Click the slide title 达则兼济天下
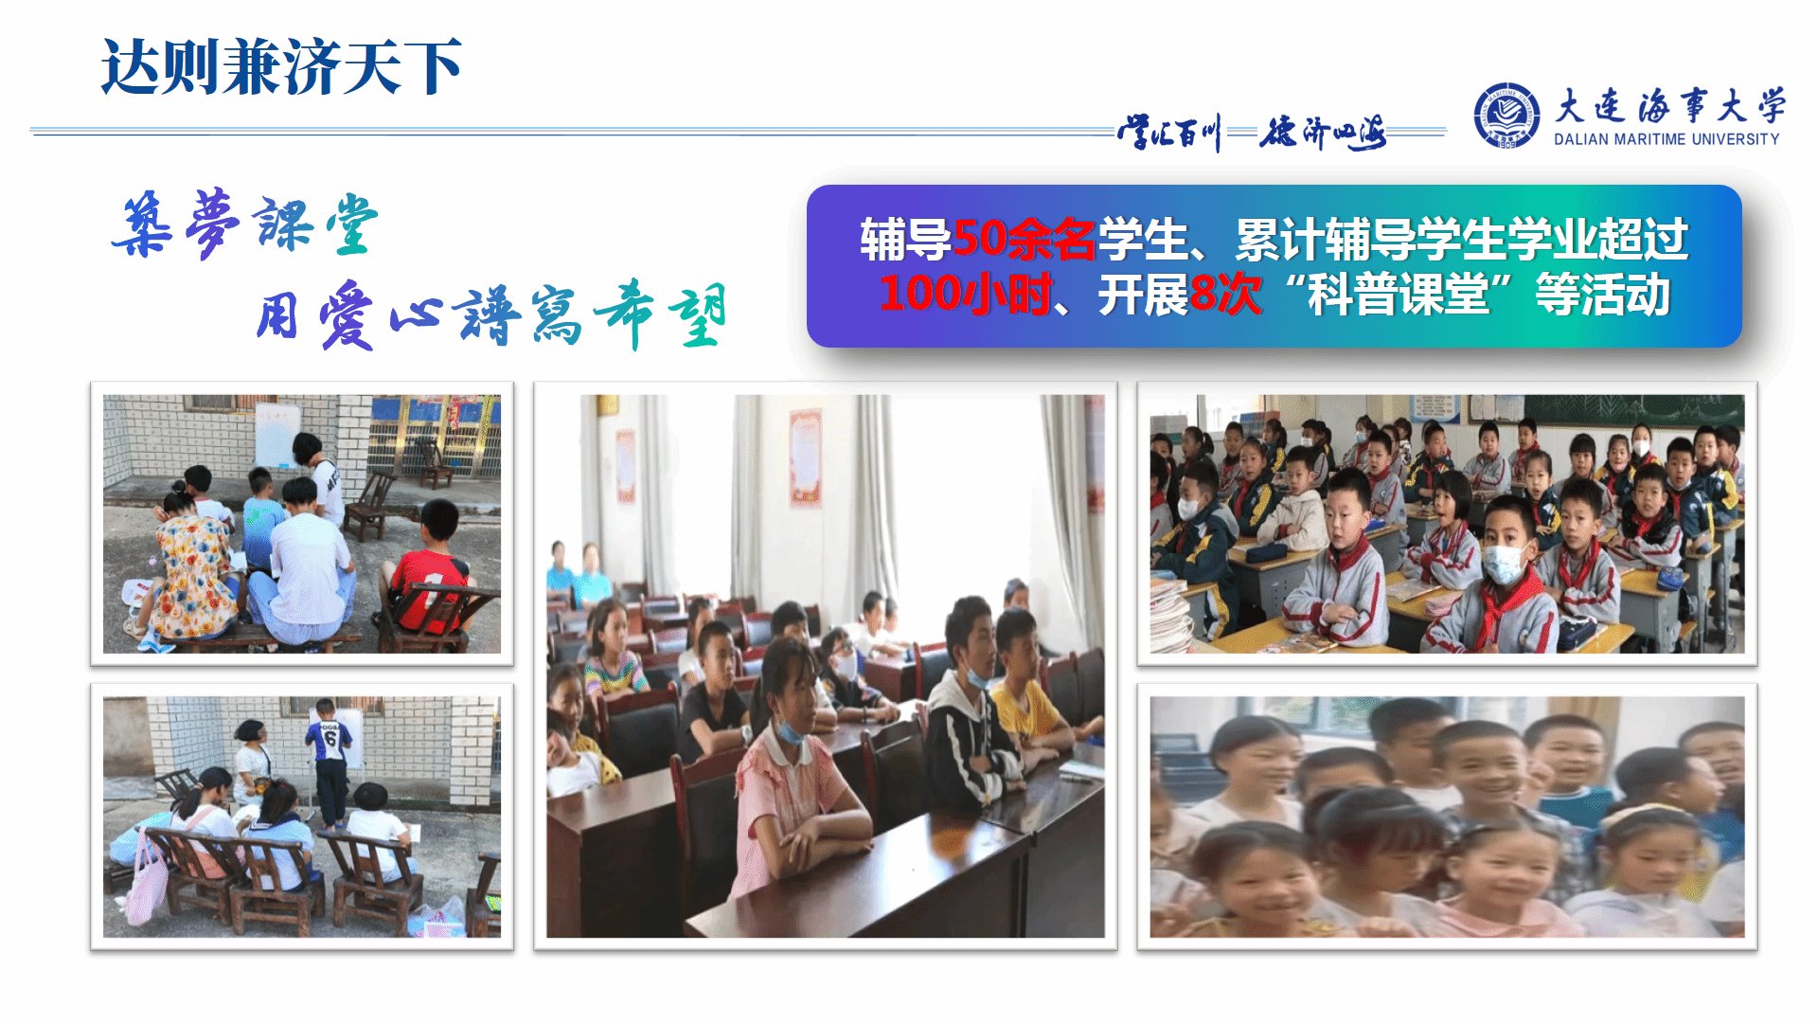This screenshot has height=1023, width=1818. pyautogui.click(x=281, y=67)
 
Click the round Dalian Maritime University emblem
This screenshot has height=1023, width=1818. pyautogui.click(x=1506, y=116)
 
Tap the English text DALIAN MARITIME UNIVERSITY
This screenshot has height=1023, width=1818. pyautogui.click(x=1666, y=139)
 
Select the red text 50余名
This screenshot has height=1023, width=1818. pyautogui.click(x=1024, y=240)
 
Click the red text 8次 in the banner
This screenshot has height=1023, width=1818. pyautogui.click(x=1225, y=294)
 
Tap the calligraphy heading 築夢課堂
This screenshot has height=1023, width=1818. pyautogui.click(x=244, y=224)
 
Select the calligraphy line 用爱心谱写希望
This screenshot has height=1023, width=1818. pyautogui.click(x=491, y=314)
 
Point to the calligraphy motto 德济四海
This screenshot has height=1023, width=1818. pyautogui.click(x=1323, y=133)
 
